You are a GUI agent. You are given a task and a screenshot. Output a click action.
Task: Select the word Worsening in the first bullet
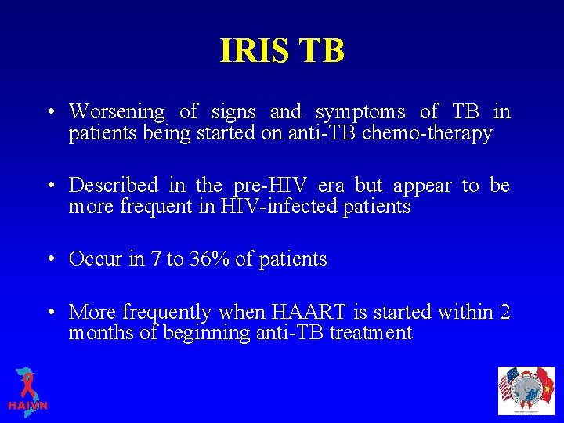click(x=117, y=113)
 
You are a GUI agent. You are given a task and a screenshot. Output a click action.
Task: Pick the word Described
click(x=114, y=186)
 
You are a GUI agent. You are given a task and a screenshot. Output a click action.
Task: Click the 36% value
click(x=209, y=259)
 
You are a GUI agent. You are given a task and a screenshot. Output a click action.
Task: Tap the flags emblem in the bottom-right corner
click(x=526, y=390)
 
